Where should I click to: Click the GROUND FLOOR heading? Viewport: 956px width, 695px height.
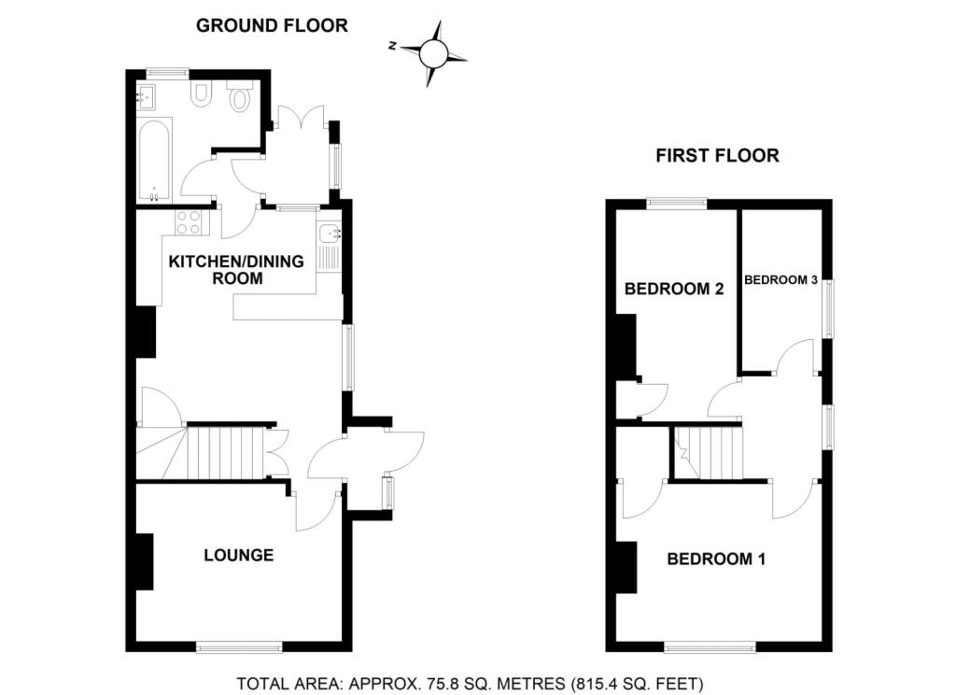(x=272, y=25)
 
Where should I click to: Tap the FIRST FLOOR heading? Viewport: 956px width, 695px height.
(x=718, y=156)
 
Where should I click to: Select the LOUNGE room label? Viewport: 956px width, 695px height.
(x=238, y=555)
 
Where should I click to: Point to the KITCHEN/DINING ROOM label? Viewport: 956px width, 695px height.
(x=236, y=270)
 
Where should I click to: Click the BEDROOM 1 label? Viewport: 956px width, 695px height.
(x=716, y=559)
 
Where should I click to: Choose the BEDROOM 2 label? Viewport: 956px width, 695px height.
(x=674, y=289)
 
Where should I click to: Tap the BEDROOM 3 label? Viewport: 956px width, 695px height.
(x=781, y=280)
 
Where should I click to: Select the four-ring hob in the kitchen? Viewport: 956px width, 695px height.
(x=188, y=221)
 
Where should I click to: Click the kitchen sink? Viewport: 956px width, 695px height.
(x=330, y=234)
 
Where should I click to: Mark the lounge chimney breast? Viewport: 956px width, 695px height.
(x=144, y=561)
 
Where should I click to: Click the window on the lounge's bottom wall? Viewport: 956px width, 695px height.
(x=239, y=646)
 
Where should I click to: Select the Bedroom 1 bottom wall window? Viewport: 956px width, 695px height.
(x=710, y=646)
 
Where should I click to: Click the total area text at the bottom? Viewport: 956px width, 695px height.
(x=471, y=684)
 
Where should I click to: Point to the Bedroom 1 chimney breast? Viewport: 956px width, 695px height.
(x=626, y=567)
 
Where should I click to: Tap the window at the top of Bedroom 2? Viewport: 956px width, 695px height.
(x=677, y=204)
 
